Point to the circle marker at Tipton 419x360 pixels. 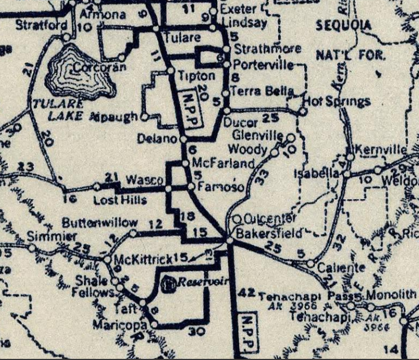[x=170, y=71]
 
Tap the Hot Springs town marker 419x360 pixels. [x=303, y=112]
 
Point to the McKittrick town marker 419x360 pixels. [x=107, y=260]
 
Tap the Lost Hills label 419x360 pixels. [x=120, y=200]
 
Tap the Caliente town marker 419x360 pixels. [x=310, y=263]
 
